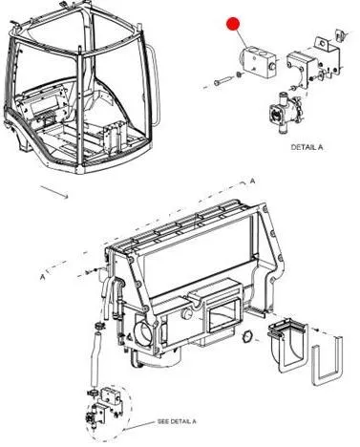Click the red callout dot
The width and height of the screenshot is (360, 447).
point(233,24)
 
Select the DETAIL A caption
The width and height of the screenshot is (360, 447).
point(307,147)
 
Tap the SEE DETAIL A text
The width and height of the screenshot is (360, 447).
point(177,421)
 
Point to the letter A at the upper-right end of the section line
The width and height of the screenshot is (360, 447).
point(252,181)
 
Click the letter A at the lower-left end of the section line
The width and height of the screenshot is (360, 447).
point(43,277)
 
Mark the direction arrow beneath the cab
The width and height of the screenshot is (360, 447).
point(54,192)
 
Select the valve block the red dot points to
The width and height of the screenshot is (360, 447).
point(257,62)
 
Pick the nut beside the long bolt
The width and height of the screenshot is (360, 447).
point(238,74)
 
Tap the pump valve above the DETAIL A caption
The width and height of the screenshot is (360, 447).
point(285,113)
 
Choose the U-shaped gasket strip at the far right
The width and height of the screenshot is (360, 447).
point(327,361)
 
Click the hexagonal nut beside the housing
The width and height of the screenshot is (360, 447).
point(247,337)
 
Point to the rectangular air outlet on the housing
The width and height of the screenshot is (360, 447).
point(223,314)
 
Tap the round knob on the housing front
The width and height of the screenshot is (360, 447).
point(186,314)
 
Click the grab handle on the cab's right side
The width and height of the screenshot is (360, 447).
point(155,84)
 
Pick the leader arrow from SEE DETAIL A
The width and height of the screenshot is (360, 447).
point(139,426)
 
